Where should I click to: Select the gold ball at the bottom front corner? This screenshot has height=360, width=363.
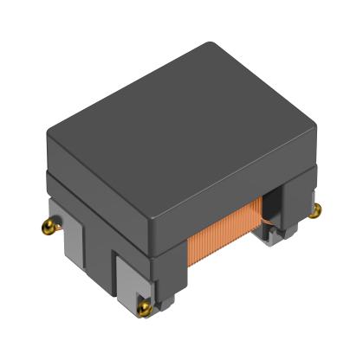click(x=143, y=306)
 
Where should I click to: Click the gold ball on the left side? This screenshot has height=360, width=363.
click(x=47, y=228)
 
